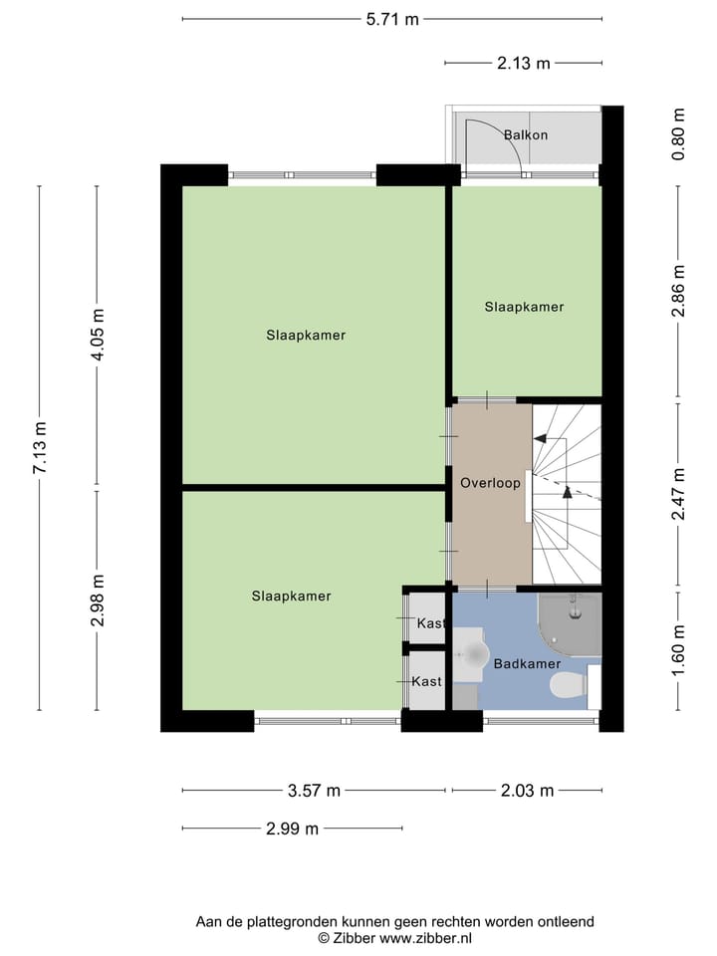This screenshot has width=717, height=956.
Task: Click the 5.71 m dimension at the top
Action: click(x=392, y=18)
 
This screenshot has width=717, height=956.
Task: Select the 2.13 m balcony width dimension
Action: click(x=524, y=63)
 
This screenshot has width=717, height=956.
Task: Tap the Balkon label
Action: click(x=525, y=134)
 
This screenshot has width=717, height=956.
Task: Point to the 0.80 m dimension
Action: click(x=679, y=135)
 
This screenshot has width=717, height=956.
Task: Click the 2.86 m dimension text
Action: click(x=679, y=291)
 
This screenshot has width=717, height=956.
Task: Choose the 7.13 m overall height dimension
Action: click(x=39, y=448)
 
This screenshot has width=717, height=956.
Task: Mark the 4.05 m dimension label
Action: click(x=97, y=339)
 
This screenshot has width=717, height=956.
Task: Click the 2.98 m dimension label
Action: click(x=97, y=601)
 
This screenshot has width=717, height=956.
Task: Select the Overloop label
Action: click(x=490, y=483)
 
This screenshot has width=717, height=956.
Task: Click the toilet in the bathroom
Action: click(x=569, y=685)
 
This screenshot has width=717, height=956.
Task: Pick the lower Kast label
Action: click(x=426, y=681)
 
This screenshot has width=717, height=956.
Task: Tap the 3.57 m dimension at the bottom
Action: click(x=314, y=791)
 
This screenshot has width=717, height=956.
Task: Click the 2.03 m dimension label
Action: click(x=527, y=791)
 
